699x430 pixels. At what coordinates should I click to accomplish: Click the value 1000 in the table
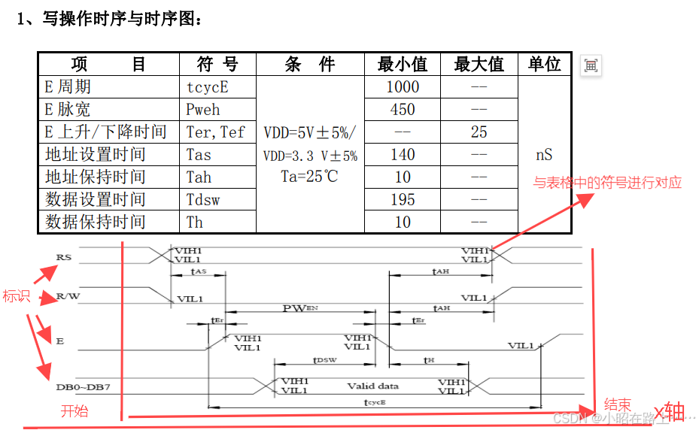pos(403,86)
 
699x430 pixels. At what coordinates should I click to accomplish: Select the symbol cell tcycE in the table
pos(207,86)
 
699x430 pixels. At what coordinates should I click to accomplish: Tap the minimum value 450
pos(403,109)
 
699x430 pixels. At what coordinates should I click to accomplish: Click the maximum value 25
pos(479,132)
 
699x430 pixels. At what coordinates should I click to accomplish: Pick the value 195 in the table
pos(403,199)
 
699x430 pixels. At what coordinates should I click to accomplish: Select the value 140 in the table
pos(403,154)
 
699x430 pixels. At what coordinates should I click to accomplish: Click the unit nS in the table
pos(544,154)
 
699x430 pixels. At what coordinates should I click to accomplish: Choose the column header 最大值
pos(479,64)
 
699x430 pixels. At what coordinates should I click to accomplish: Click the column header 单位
pos(544,64)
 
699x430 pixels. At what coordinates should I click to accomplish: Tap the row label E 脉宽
pos(67,109)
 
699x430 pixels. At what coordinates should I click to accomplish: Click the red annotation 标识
pos(16,296)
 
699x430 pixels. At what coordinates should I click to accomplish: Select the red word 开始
pos(74,410)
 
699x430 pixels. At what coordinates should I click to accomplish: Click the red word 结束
pos(618,404)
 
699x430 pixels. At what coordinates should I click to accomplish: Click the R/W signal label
pos(68,295)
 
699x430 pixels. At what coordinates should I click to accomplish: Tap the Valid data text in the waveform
pos(372,386)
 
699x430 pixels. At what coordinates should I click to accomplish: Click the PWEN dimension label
pos(300,308)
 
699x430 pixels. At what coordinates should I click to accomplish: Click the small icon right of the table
pos(591,65)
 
